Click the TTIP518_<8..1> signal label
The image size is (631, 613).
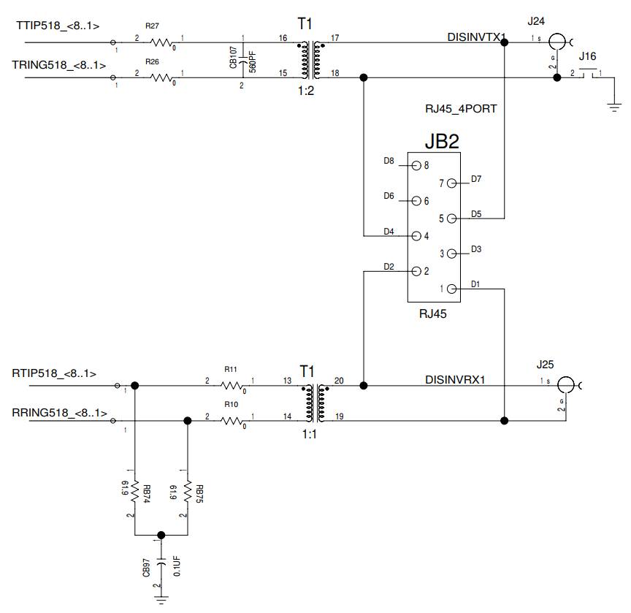[x=58, y=26]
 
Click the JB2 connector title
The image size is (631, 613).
[x=432, y=140]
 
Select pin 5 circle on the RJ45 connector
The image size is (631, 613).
[x=451, y=218]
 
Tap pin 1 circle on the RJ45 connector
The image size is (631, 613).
[x=451, y=289]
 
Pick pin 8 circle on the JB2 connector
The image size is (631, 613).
[x=416, y=165]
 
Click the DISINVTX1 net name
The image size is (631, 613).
[x=477, y=36]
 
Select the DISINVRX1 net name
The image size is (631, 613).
[x=455, y=379]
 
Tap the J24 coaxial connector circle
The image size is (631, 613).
[x=557, y=42]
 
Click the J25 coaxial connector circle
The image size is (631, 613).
[x=565, y=385]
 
